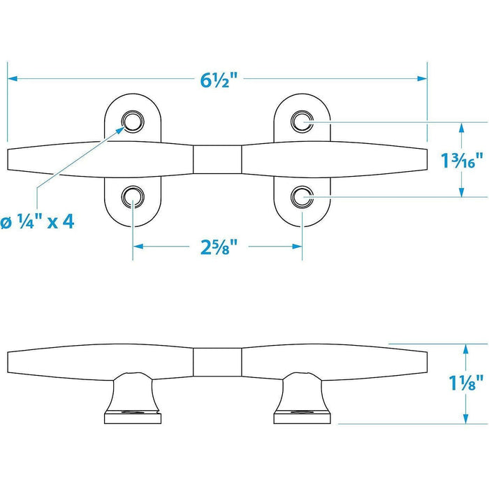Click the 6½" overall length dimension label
[x=219, y=80]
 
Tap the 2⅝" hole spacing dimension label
[x=219, y=247]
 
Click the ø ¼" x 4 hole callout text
[x=38, y=222]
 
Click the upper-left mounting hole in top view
[x=133, y=122]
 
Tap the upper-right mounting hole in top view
[x=302, y=122]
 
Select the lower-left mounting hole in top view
[x=133, y=197]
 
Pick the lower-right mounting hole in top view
[x=302, y=197]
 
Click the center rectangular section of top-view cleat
[x=217, y=159]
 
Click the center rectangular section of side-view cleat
[x=217, y=362]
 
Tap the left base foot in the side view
[x=133, y=398]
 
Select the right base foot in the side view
[x=302, y=398]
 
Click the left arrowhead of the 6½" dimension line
[x=12, y=78]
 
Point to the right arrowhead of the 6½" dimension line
[x=422, y=78]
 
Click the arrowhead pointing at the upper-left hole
[x=121, y=130]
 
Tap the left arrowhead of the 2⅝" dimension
[x=138, y=247]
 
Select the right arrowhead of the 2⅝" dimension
[x=297, y=247]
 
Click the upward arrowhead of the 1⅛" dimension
[x=465, y=349]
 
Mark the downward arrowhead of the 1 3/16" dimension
[x=462, y=192]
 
